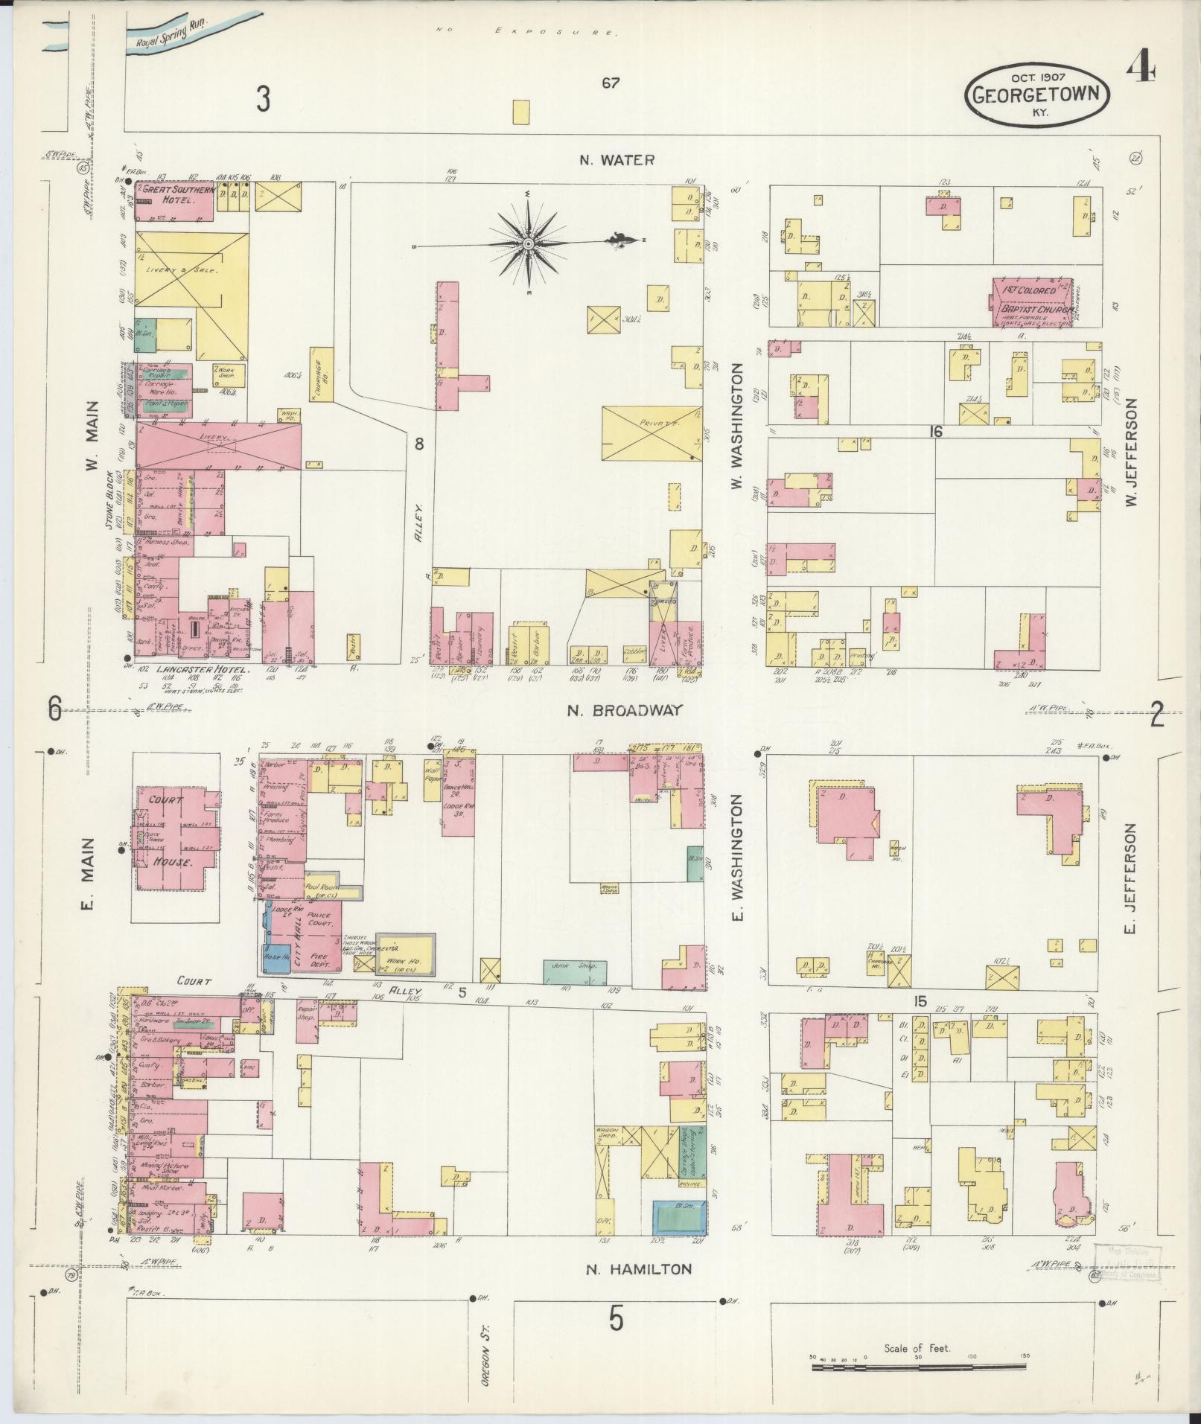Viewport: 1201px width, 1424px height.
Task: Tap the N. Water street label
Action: pyautogui.click(x=617, y=159)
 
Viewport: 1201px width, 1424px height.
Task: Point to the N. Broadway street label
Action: pyautogui.click(x=624, y=710)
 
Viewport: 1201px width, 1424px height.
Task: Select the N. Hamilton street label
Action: pyautogui.click(x=639, y=1268)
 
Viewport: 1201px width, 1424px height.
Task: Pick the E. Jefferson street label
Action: pyautogui.click(x=1132, y=878)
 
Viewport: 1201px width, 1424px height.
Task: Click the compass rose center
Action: pyautogui.click(x=527, y=243)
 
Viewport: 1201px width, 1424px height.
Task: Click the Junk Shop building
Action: pyautogui.click(x=574, y=972)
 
